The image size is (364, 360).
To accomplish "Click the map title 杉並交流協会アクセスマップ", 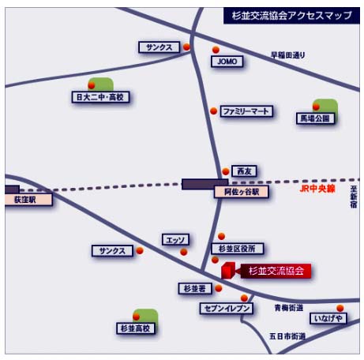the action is (x=291, y=16).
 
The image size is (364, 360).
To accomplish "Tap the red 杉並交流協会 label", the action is (x=276, y=271).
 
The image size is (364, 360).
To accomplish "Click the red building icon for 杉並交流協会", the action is (x=228, y=270).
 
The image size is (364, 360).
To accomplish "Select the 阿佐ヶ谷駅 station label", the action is (x=242, y=192).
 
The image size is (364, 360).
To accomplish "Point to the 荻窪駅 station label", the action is (x=28, y=200).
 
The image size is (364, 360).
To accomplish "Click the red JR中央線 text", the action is (x=317, y=189).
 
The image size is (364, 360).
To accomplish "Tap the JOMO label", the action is (x=227, y=62).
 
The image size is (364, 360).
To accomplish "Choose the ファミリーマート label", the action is (x=246, y=111).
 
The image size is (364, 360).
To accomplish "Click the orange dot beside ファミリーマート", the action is (x=214, y=111).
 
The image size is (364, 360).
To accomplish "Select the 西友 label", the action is (x=244, y=171).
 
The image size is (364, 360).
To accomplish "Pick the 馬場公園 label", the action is (x=315, y=118).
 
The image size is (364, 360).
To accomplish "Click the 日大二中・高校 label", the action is (x=100, y=97).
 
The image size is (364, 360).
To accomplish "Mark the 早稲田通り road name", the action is (x=288, y=55).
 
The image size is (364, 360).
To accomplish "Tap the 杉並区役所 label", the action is (x=238, y=249).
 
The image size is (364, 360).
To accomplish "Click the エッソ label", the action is (x=175, y=240).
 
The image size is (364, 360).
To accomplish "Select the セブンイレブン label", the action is (x=227, y=309).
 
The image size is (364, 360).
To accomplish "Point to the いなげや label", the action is (x=328, y=318).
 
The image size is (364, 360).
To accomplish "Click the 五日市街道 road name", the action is (x=287, y=336).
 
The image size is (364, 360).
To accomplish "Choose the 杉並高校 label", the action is (x=136, y=328).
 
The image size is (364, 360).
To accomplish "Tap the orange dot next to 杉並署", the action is (x=219, y=288).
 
